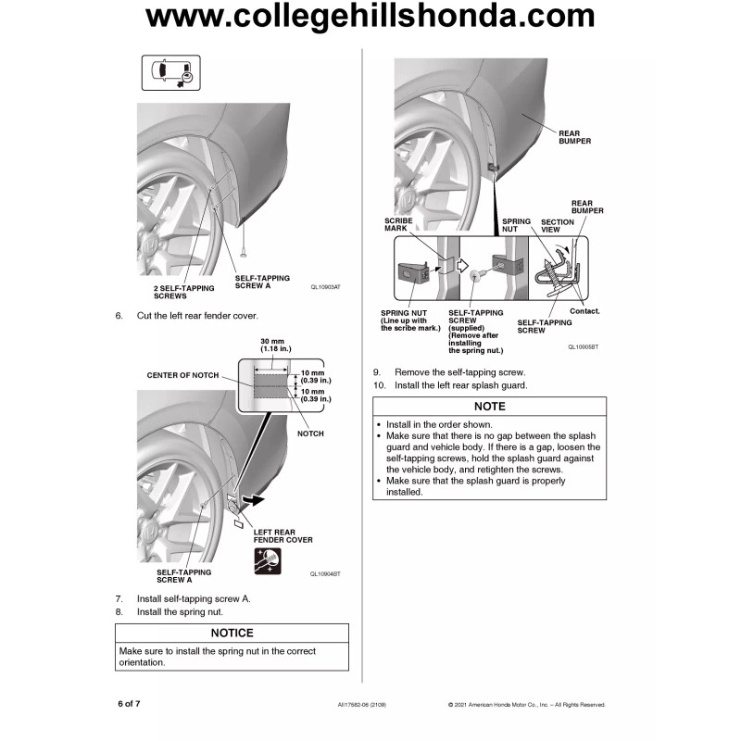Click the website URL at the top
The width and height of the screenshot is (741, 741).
[x=370, y=17]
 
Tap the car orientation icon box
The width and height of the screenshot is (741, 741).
[x=172, y=72]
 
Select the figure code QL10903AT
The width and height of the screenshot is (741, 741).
[x=325, y=287]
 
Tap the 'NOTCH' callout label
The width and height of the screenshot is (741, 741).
[x=311, y=433]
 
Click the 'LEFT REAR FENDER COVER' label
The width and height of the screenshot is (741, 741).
[x=283, y=535]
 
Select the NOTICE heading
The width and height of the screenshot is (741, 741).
[x=232, y=633]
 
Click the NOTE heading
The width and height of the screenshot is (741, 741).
[x=489, y=407]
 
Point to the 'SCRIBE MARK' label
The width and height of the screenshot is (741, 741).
[x=398, y=224]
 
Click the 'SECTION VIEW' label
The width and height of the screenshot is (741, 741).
[x=557, y=226]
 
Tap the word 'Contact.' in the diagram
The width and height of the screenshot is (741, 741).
[x=584, y=310]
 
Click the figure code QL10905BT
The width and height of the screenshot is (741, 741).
[x=584, y=346]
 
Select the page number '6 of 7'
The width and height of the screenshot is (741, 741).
[x=129, y=704]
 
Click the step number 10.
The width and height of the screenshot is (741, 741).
[x=379, y=384]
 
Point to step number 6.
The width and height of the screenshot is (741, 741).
[x=119, y=316]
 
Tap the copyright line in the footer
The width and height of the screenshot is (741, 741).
[x=526, y=705]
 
